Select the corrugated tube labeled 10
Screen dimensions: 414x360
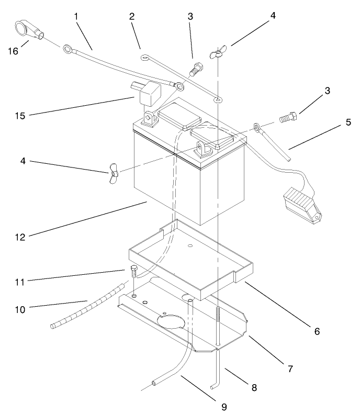(x=86, y=306)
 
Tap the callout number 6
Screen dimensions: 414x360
(x=317, y=331)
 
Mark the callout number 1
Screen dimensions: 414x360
(x=76, y=16)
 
